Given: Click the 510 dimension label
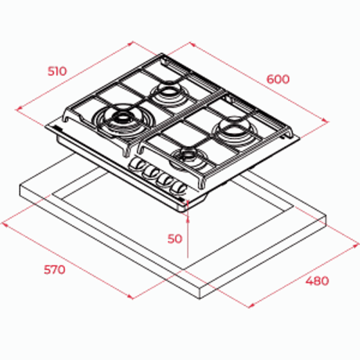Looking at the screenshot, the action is pos(57,71).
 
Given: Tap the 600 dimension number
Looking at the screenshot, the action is pos(278,79).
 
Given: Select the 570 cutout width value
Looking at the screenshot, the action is pos(55,269).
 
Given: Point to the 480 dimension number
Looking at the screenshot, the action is pos(317,281).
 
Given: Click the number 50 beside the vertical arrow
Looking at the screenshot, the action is pos(175,239).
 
